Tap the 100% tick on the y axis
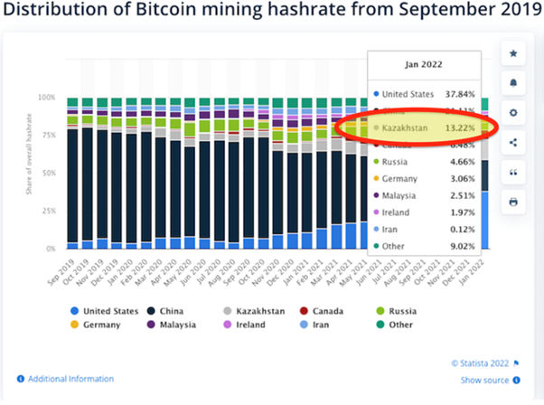pyautogui.click(x=46, y=97)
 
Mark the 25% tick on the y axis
pyautogui.click(x=48, y=210)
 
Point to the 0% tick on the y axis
pyautogui.click(x=50, y=248)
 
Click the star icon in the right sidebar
pyautogui.click(x=513, y=53)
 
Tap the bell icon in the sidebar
pyautogui.click(x=513, y=82)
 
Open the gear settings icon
pyautogui.click(x=513, y=112)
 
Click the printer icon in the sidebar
pyautogui.click(x=513, y=201)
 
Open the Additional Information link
pyautogui.click(x=70, y=379)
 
